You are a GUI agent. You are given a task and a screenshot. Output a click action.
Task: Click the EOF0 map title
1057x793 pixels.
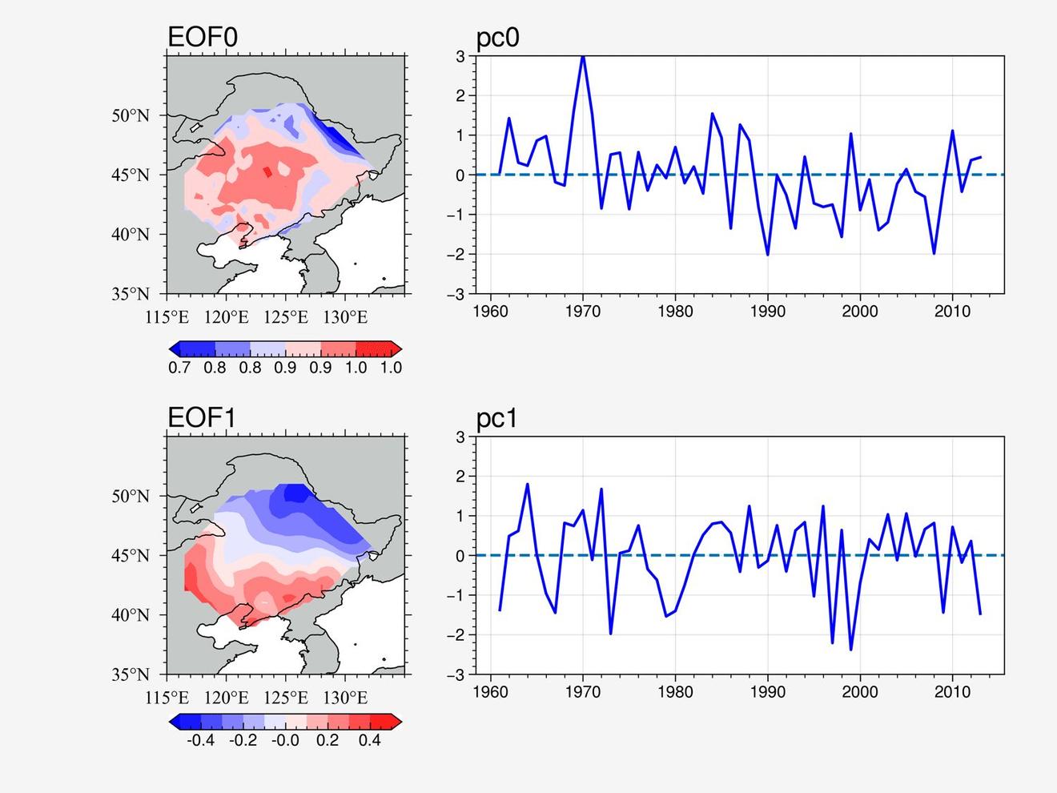click(203, 37)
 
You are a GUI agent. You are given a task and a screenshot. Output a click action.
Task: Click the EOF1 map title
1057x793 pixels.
click(202, 417)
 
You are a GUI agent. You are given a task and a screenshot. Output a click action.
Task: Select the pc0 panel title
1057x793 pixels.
click(497, 38)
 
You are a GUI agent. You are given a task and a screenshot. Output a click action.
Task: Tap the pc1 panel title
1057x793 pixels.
click(496, 418)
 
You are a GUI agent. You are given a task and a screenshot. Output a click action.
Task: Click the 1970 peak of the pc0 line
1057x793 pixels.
click(583, 57)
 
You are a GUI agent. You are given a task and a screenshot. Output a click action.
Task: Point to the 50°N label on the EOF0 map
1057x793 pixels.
click(131, 115)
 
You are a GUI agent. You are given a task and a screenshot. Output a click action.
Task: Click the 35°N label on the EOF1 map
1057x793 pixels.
click(131, 674)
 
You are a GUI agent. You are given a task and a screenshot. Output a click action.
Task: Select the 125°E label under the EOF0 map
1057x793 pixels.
click(286, 317)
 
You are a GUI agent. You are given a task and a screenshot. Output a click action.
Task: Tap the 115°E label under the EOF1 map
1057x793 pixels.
click(167, 698)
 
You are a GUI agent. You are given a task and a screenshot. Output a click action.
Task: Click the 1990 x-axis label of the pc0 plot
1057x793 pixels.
click(768, 311)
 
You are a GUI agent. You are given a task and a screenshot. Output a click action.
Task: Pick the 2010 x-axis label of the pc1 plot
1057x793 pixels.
click(952, 692)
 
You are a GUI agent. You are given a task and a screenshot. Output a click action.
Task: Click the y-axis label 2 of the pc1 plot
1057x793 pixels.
click(461, 476)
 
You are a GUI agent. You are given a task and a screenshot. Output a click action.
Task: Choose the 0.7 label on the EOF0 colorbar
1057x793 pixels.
click(179, 368)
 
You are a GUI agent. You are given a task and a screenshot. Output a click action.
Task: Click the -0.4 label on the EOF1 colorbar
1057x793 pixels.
click(200, 740)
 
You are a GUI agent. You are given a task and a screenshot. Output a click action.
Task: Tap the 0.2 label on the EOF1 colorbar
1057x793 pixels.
click(328, 740)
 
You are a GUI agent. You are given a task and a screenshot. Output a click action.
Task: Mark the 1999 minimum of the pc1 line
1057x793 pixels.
click(851, 649)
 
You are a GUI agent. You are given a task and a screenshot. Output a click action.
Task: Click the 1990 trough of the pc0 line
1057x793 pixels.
click(768, 255)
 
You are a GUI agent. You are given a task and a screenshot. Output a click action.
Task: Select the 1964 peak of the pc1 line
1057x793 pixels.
click(527, 485)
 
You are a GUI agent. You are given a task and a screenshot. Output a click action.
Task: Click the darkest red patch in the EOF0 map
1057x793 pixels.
click(268, 172)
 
